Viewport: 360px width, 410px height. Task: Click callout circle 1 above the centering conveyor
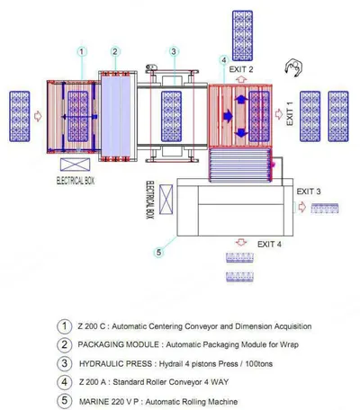pyautogui.click(x=82, y=51)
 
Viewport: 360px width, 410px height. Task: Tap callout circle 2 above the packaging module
pyautogui.click(x=115, y=51)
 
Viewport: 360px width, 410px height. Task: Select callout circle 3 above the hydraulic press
pyautogui.click(x=174, y=51)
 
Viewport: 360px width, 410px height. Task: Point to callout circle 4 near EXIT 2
pyautogui.click(x=224, y=60)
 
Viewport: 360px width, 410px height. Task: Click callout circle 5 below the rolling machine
pyautogui.click(x=158, y=253)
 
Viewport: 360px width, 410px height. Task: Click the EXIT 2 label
pyautogui.click(x=241, y=69)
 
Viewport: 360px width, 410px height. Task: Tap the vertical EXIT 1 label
pyautogui.click(x=290, y=113)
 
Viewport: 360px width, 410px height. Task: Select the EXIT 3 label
pyautogui.click(x=309, y=192)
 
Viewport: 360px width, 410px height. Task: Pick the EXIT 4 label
pyautogui.click(x=269, y=245)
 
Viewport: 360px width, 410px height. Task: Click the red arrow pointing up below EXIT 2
pyautogui.click(x=241, y=80)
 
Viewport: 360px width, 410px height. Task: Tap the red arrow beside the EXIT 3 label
pyautogui.click(x=302, y=207)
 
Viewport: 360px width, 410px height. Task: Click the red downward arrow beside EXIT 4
pyautogui.click(x=241, y=242)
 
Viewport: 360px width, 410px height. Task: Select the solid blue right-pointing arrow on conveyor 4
pyautogui.click(x=228, y=115)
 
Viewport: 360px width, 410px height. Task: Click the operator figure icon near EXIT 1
pyautogui.click(x=293, y=68)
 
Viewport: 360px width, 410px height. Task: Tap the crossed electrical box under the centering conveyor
pyautogui.click(x=75, y=165)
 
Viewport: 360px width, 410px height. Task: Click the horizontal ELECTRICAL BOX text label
pyautogui.click(x=76, y=181)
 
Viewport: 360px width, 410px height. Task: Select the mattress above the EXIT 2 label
pyautogui.click(x=242, y=36)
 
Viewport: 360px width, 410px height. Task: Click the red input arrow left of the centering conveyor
pyautogui.click(x=38, y=116)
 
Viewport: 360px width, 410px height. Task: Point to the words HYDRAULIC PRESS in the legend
pyautogui.click(x=115, y=364)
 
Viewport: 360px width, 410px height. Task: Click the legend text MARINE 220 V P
pyautogui.click(x=109, y=402)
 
